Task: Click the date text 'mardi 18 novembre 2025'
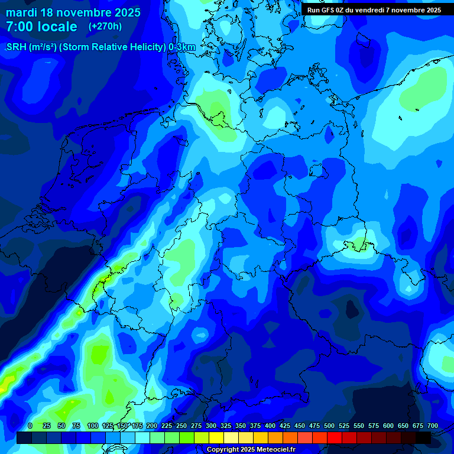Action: tap(73, 12)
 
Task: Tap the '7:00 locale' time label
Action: tap(41, 27)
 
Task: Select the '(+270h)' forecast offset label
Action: tap(105, 27)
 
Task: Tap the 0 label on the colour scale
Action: tap(30, 426)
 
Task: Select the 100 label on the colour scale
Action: tap(92, 426)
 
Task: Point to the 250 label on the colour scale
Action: tap(181, 426)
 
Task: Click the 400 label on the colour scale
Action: tap(270, 426)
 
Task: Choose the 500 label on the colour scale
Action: tap(329, 426)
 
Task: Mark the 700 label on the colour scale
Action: tap(433, 426)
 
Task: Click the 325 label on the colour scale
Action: tap(226, 426)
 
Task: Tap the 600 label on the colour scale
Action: tap(388, 426)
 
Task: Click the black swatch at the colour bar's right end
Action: tap(423, 437)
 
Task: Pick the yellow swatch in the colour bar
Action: tap(216, 437)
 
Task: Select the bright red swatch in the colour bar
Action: tap(335, 437)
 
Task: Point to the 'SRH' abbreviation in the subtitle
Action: tap(17, 47)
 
